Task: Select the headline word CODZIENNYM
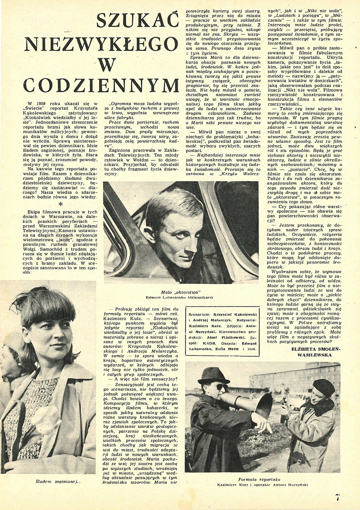tap(101, 85)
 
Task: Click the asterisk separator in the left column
tap(61, 204)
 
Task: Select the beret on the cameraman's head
tap(323, 386)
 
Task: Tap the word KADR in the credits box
tap(208, 342)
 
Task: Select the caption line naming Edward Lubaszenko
tap(181, 298)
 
